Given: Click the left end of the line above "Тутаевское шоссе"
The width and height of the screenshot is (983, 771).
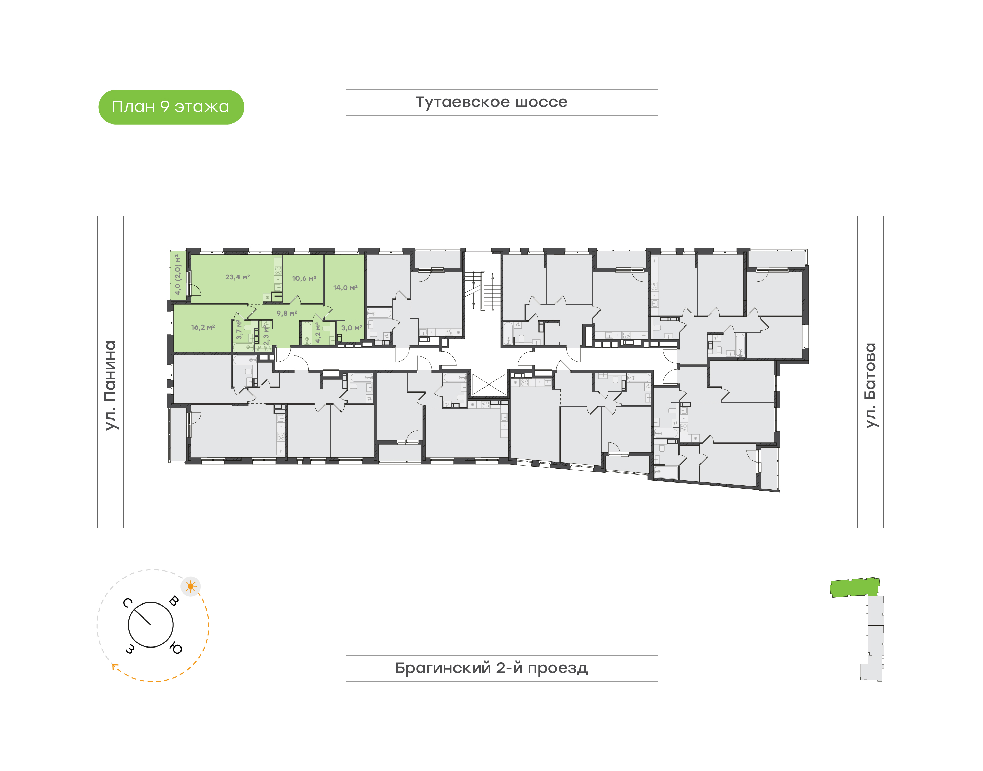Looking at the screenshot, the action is (346, 90).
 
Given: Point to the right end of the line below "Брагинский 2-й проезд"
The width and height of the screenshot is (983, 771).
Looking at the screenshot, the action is (658, 682).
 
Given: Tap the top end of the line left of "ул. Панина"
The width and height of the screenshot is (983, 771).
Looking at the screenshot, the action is (98, 216).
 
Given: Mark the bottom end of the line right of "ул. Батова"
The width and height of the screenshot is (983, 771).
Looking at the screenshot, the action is (884, 528).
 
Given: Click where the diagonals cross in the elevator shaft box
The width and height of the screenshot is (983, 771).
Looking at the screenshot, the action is (489, 384).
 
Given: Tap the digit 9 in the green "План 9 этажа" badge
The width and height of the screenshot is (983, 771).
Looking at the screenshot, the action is (165, 106).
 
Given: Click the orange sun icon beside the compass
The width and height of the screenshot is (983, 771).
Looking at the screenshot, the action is (190, 586).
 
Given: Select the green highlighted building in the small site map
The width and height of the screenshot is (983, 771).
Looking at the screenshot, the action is (855, 587).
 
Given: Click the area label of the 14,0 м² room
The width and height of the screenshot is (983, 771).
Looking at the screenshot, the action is (345, 288).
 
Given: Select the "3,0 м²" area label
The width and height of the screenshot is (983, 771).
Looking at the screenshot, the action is (352, 328).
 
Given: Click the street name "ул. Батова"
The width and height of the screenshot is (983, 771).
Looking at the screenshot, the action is (870, 385).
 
